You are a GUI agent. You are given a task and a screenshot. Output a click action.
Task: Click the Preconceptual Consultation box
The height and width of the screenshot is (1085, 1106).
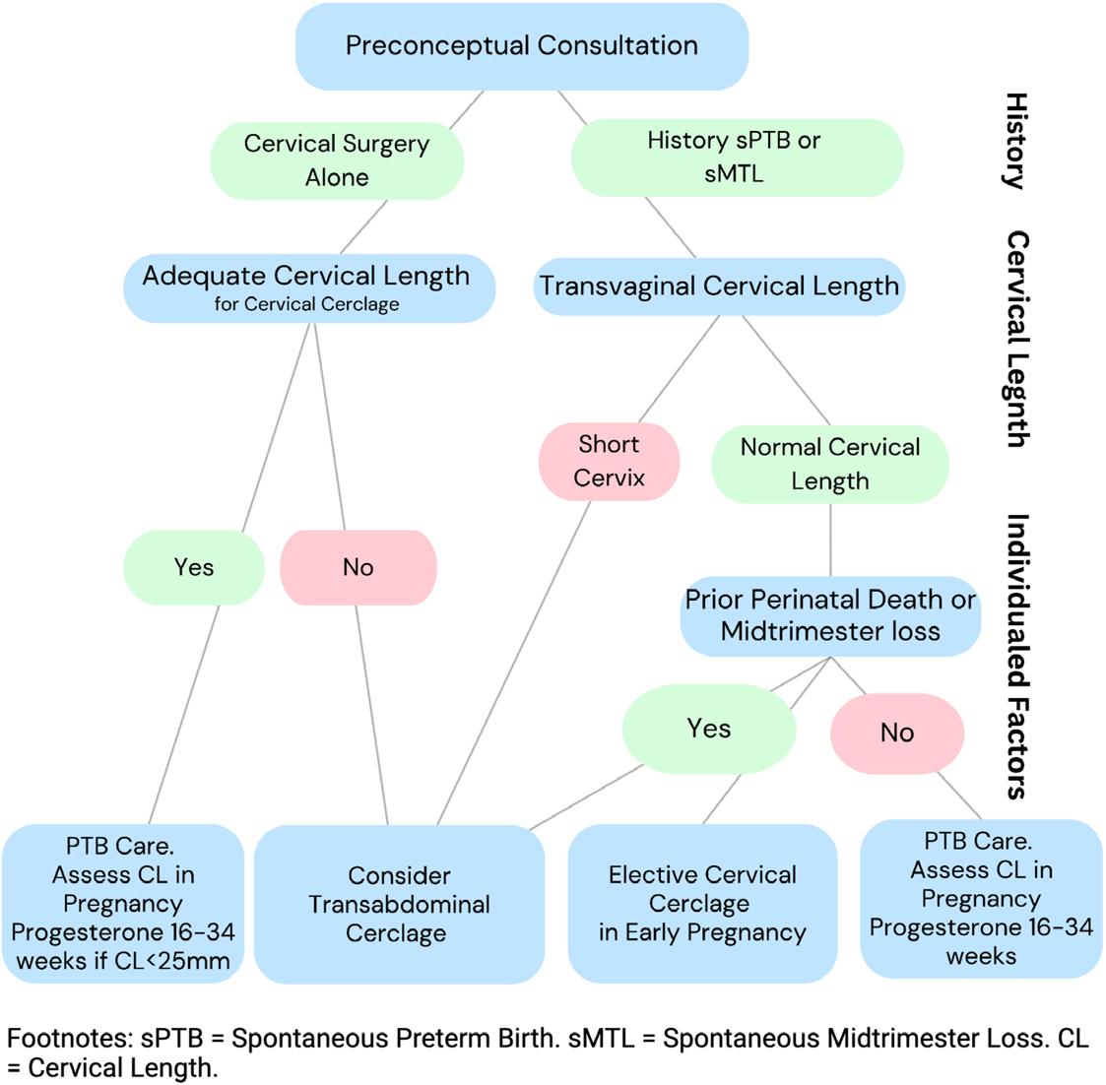tap(521, 46)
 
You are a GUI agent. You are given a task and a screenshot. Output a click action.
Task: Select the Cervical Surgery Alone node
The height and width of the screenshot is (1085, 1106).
tap(337, 160)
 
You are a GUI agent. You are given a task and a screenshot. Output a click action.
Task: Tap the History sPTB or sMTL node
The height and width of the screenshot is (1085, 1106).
tap(734, 158)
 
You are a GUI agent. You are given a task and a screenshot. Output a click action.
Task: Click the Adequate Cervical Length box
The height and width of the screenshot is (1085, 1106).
tap(306, 287)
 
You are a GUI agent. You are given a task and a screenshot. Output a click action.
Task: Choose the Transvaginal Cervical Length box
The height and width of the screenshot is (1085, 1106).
tap(719, 287)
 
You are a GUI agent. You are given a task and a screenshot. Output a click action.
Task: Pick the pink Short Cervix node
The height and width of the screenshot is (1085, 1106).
tap(609, 461)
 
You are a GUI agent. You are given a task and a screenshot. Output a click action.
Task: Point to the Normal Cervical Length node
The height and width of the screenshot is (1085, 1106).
tap(830, 463)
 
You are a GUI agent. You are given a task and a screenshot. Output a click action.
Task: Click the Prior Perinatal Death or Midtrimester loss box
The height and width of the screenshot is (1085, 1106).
tap(830, 615)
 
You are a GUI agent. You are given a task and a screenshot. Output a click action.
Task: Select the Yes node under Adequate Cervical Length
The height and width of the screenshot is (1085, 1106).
tap(194, 567)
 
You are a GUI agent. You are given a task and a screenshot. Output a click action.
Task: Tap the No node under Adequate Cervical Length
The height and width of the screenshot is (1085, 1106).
tap(358, 567)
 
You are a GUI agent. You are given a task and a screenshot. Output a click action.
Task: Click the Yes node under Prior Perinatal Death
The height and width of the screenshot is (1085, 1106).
tap(709, 729)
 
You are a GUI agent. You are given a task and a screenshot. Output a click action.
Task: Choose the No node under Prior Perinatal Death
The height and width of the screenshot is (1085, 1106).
tap(896, 733)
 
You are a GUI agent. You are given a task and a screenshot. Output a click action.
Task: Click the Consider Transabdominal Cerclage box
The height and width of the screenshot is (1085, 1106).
tap(398, 904)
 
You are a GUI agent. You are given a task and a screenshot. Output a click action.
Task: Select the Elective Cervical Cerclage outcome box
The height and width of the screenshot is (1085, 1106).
tap(702, 903)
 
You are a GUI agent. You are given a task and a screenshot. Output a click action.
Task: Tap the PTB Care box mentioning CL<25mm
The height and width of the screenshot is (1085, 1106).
tap(123, 904)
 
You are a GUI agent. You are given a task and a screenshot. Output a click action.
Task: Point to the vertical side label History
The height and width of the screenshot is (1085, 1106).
tap(1015, 140)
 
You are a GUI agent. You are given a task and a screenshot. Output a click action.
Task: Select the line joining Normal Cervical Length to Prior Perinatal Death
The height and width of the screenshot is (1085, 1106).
tap(830, 540)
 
